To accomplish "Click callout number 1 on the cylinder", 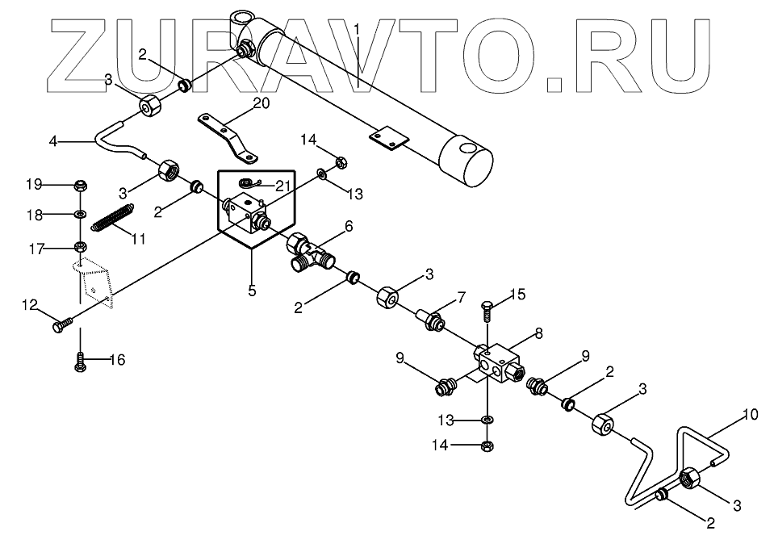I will click(x=356, y=30).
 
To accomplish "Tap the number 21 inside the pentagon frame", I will click(x=281, y=186).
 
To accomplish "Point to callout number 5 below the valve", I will click(x=252, y=291).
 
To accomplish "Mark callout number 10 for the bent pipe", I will click(x=751, y=416).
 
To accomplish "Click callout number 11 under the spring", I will click(x=139, y=238).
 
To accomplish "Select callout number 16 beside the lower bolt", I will click(x=117, y=360).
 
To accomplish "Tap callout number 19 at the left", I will click(x=33, y=185).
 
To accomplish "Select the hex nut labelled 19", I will click(x=81, y=186).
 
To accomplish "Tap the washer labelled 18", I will click(x=81, y=215).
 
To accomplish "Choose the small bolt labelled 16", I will click(x=81, y=362).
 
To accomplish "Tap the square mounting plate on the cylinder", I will click(x=387, y=139).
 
